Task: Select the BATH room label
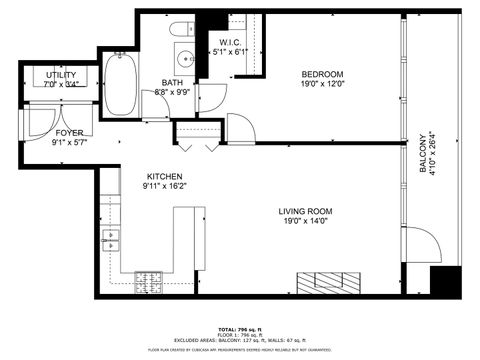click(173, 82)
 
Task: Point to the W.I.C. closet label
click(231, 43)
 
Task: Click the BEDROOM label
click(322, 75)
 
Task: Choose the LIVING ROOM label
click(305, 211)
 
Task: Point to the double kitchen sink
click(110, 239)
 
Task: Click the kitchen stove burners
click(150, 287)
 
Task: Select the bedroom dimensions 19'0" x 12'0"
click(322, 86)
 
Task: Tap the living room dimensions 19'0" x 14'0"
click(305, 223)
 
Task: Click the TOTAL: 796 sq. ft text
click(239, 329)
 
